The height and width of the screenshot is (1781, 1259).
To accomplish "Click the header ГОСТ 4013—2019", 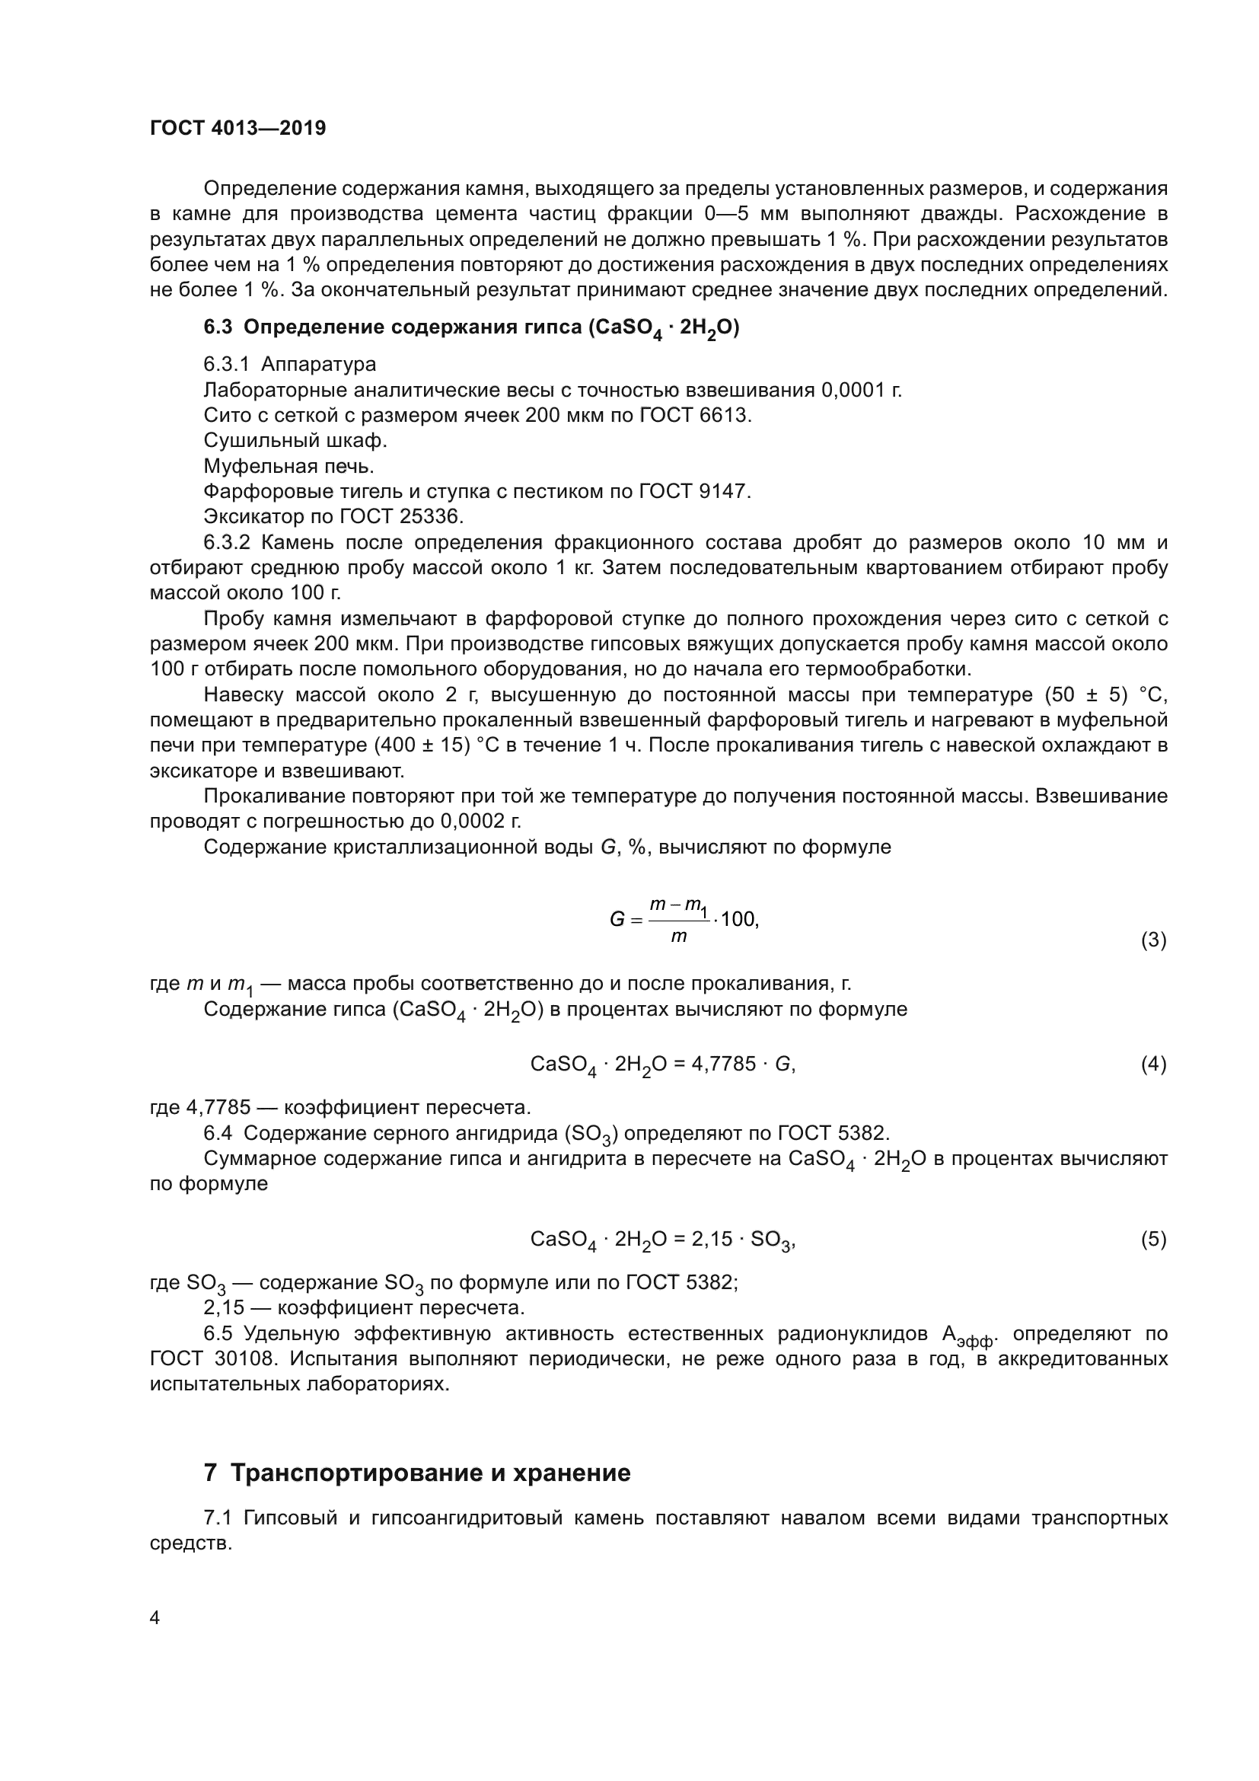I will pyautogui.click(x=238, y=128).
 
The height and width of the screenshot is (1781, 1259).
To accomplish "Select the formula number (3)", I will pyautogui.click(x=1152, y=940).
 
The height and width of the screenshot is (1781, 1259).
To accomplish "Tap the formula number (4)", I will pyautogui.click(x=1152, y=1064).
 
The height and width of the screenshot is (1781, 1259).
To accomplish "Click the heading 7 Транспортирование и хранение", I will pyautogui.click(x=417, y=1473).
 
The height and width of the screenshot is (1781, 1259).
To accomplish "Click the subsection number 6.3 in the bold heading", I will pyautogui.click(x=218, y=327).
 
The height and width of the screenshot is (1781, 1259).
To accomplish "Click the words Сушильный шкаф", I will pyautogui.click(x=295, y=441).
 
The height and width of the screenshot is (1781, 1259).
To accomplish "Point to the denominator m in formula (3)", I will pyautogui.click(x=678, y=937).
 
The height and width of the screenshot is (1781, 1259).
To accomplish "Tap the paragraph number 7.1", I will pyautogui.click(x=218, y=1518).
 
